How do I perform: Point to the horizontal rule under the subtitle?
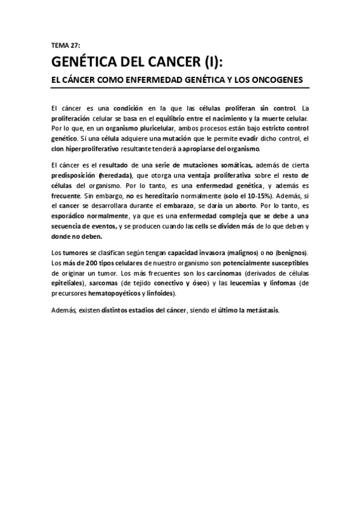(x=180, y=88)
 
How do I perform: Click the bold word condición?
(x=128, y=109)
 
